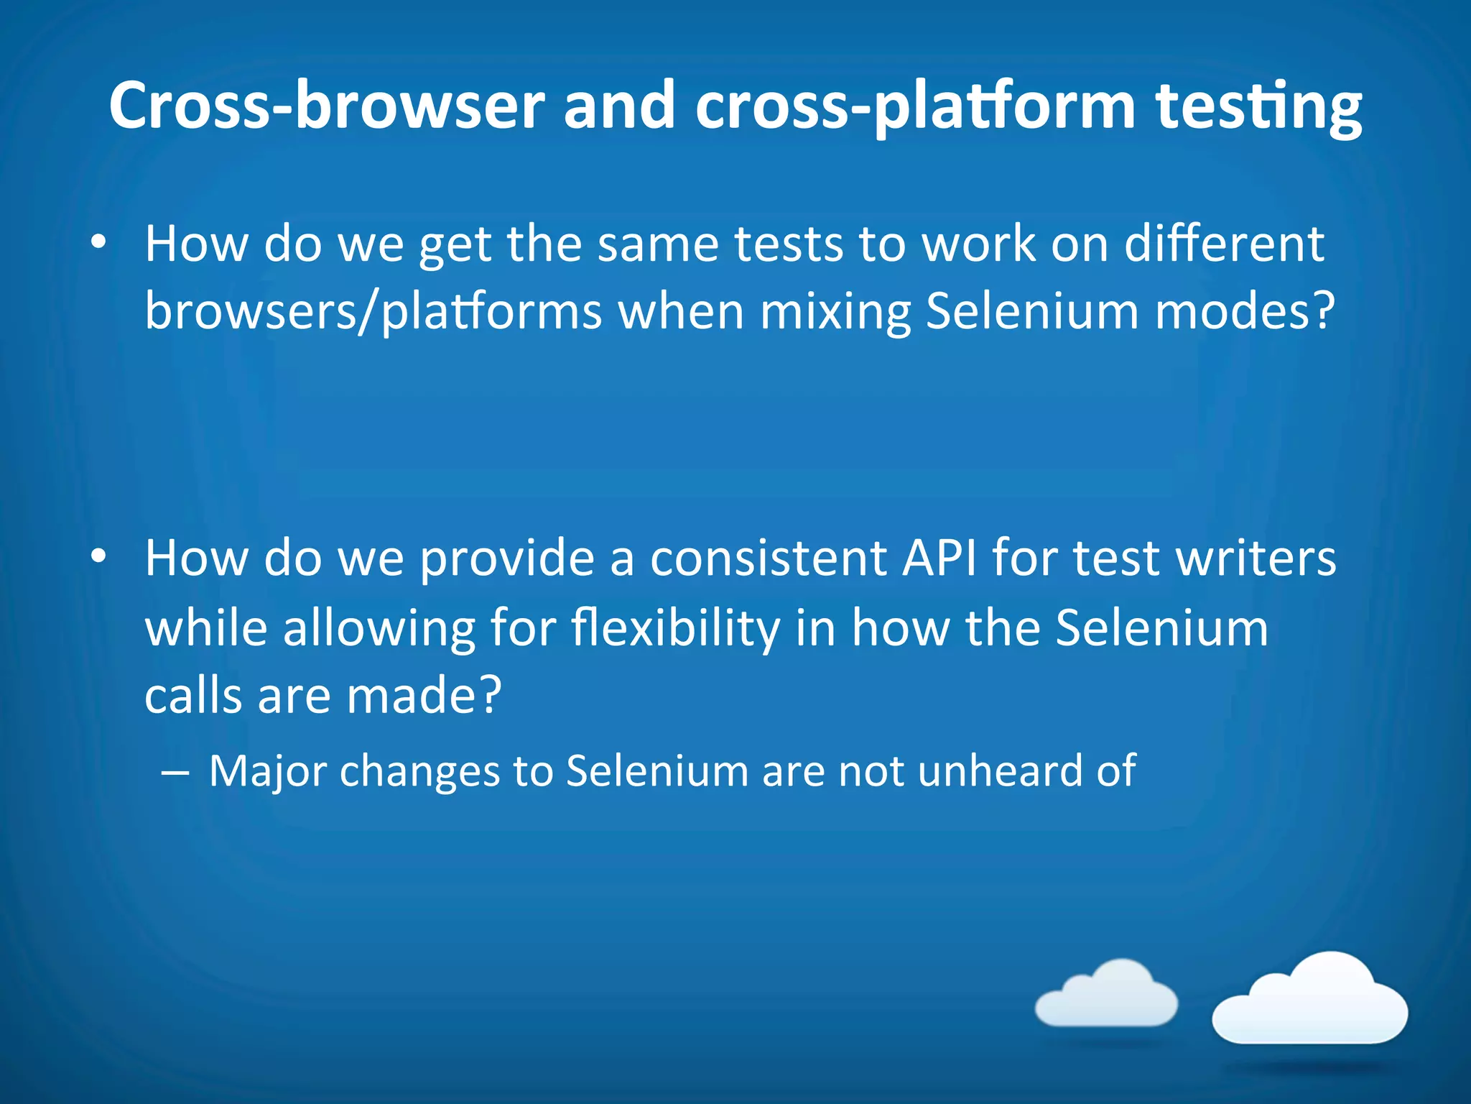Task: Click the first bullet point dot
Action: [98, 242]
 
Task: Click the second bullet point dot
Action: [98, 556]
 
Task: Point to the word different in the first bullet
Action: [1224, 244]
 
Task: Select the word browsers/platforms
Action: [373, 312]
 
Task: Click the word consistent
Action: [768, 558]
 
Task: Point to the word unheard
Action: [1000, 770]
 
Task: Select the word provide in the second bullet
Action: [507, 559]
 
